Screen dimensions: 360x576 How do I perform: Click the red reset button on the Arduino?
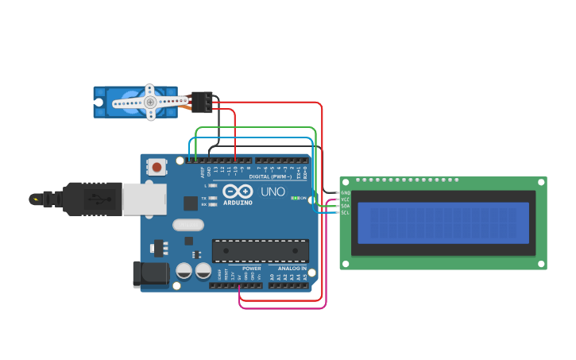pos(157,167)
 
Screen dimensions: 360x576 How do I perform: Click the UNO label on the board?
pos(273,192)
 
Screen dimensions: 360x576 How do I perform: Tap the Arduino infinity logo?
pos(238,192)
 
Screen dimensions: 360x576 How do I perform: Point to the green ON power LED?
pos(295,198)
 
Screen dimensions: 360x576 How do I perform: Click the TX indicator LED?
pos(212,197)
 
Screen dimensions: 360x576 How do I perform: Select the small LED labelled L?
pos(212,185)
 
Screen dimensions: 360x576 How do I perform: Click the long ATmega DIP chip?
pos(260,250)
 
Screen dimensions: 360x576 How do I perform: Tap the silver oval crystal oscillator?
pos(188,225)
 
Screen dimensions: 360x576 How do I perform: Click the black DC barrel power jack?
pos(151,274)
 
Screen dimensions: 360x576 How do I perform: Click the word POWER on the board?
pos(251,268)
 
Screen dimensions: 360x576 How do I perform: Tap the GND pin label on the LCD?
pos(345,192)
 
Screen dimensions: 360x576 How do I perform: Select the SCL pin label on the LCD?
pos(345,212)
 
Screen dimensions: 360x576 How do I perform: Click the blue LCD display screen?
pos(443,223)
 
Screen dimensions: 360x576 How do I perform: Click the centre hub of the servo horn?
pos(149,102)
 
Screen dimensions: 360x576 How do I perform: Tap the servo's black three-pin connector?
pos(202,102)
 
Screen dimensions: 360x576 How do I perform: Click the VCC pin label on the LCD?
pos(345,199)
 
